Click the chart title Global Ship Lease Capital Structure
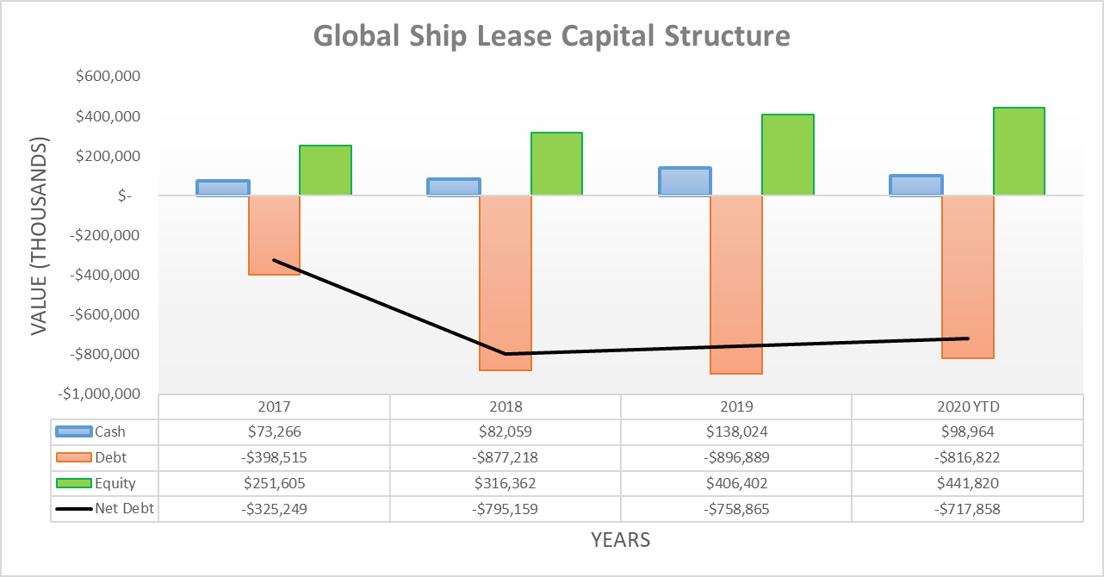(x=551, y=36)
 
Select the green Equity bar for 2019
(x=788, y=155)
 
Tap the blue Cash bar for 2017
(x=223, y=188)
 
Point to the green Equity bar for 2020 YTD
(x=1019, y=152)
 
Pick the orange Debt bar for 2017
(x=275, y=234)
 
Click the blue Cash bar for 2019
(x=685, y=182)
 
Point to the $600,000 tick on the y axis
(x=109, y=77)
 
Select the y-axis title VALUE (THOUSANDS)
(x=38, y=235)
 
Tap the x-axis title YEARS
(x=620, y=540)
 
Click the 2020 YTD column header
(x=967, y=406)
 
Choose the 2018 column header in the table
(x=505, y=406)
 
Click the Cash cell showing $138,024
(x=736, y=431)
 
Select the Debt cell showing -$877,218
(x=505, y=457)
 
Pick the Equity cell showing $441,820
(x=967, y=483)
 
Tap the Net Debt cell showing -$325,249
(x=275, y=508)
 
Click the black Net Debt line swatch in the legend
(x=73, y=508)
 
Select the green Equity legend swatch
(x=73, y=483)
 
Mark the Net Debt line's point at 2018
(x=505, y=354)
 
